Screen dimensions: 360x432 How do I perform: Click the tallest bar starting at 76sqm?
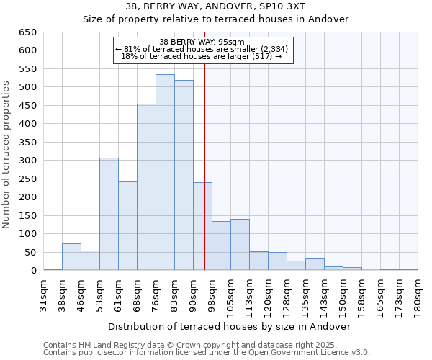[x=165, y=173]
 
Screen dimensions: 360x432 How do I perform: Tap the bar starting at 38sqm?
[x=71, y=257]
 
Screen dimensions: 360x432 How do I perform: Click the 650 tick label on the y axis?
[x=27, y=32]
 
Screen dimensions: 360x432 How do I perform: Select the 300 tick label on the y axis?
[x=27, y=161]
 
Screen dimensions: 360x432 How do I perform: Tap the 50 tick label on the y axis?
[x=30, y=253]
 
